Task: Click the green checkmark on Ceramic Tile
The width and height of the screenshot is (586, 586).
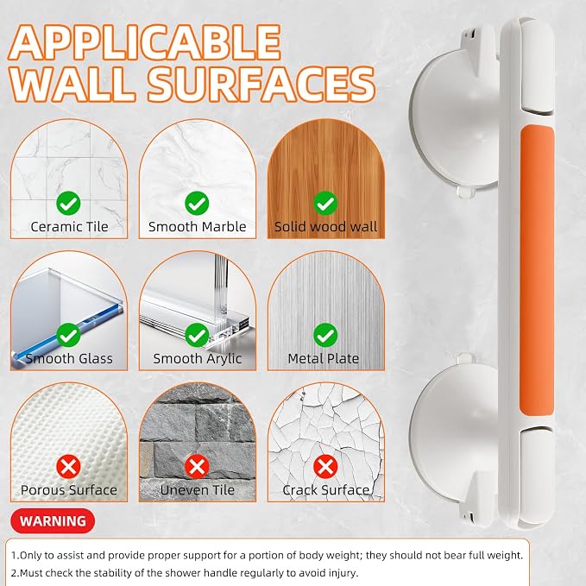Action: (x=68, y=204)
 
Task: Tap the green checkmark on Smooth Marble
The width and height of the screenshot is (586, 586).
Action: (x=197, y=204)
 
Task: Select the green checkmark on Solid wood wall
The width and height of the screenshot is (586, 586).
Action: (x=325, y=204)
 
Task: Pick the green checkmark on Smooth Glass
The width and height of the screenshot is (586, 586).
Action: (x=68, y=335)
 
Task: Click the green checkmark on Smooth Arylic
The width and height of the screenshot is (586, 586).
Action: (x=197, y=335)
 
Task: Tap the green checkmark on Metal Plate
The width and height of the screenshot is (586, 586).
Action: (x=325, y=335)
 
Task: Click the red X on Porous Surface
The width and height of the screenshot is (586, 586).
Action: (x=68, y=467)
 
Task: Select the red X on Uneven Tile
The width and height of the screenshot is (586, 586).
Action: (x=197, y=467)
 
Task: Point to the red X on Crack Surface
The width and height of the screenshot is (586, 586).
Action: (x=325, y=467)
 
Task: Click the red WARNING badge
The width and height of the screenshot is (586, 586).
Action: (x=53, y=521)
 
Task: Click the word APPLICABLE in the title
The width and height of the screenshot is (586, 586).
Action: (x=144, y=42)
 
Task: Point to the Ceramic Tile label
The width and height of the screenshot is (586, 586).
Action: (x=69, y=227)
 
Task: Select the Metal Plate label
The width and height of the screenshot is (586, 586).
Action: (x=324, y=359)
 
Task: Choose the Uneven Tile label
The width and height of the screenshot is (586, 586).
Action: (x=198, y=490)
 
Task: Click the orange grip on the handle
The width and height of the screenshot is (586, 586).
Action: (x=537, y=271)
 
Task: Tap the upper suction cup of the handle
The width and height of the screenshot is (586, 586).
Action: (x=454, y=120)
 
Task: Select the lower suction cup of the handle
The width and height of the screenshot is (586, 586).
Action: (x=454, y=430)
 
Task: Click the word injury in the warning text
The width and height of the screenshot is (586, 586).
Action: (x=343, y=573)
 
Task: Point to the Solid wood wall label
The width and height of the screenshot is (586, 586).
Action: (x=326, y=227)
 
